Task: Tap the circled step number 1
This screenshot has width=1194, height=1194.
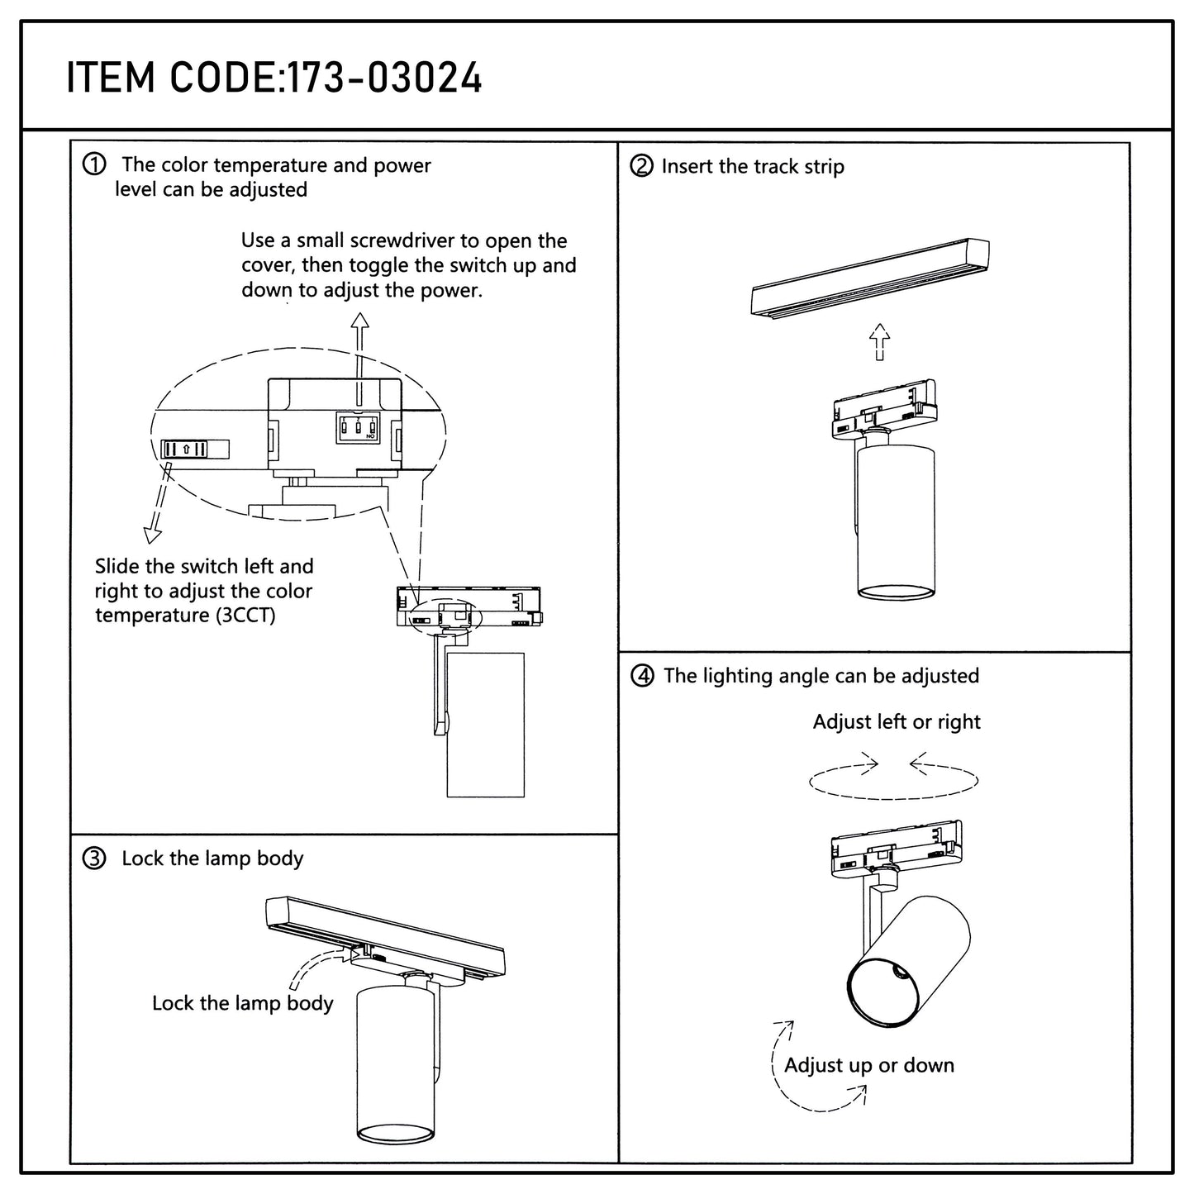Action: pyautogui.click(x=94, y=164)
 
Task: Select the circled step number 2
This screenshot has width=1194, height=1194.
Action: pyautogui.click(x=641, y=166)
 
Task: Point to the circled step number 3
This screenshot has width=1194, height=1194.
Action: pyautogui.click(x=94, y=859)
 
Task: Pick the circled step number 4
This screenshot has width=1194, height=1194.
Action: pyautogui.click(x=643, y=675)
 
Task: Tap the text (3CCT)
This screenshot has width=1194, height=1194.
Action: pyautogui.click(x=245, y=616)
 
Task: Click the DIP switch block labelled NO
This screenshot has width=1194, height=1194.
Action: pyautogui.click(x=358, y=427)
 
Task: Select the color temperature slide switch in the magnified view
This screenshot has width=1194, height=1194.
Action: pyautogui.click(x=194, y=450)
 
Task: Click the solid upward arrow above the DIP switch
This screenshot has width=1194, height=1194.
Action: pyautogui.click(x=360, y=359)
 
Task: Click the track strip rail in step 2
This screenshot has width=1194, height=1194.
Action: pyautogui.click(x=870, y=278)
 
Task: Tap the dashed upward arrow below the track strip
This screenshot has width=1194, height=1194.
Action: pyautogui.click(x=879, y=342)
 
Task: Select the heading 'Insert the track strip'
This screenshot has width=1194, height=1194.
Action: pyautogui.click(x=753, y=166)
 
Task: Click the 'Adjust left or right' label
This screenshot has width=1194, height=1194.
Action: pyautogui.click(x=897, y=722)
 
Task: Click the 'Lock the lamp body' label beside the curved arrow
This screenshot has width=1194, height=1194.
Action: pyautogui.click(x=243, y=1003)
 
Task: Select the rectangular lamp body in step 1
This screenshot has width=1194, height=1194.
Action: pyautogui.click(x=486, y=725)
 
